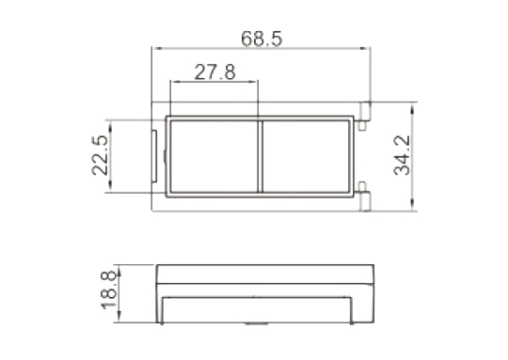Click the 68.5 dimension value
[x=262, y=39]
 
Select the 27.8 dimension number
[x=214, y=72]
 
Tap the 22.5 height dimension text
[x=100, y=155]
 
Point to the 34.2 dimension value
[x=402, y=155]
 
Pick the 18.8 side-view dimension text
[x=109, y=290]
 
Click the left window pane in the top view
[x=214, y=157]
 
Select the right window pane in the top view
[x=306, y=157]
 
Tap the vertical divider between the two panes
[x=261, y=157]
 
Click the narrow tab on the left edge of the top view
[x=154, y=156]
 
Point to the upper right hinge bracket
[x=365, y=116]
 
